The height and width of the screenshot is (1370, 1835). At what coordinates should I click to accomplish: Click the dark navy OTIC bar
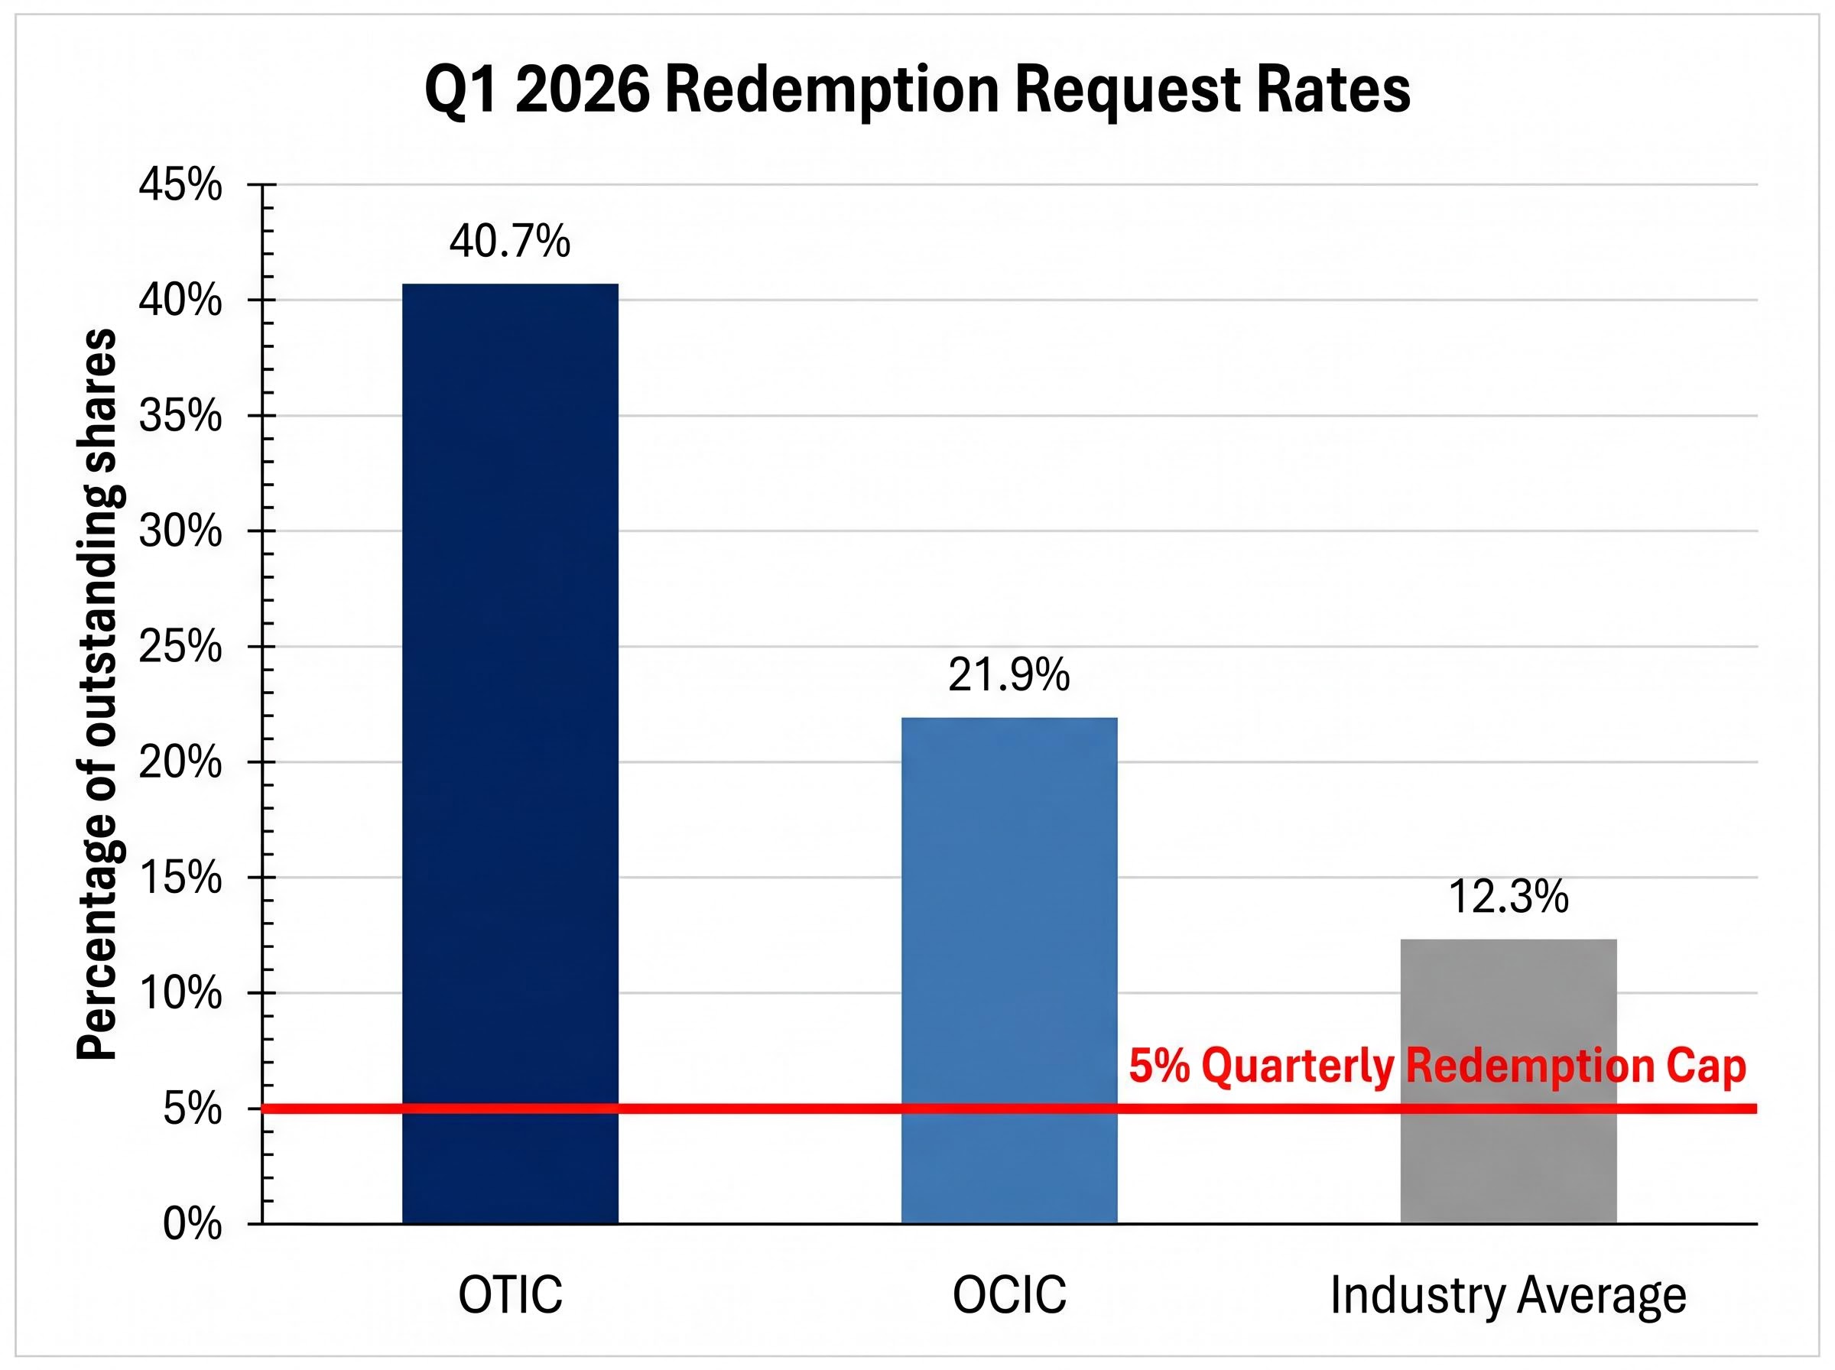click(x=510, y=746)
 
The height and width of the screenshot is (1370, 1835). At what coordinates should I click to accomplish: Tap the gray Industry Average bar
click(x=1509, y=1161)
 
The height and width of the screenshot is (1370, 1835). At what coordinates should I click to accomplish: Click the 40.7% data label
click(x=510, y=242)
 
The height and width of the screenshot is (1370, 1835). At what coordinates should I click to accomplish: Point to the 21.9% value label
click(x=1009, y=675)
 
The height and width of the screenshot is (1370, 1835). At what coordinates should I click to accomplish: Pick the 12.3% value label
click(x=1509, y=897)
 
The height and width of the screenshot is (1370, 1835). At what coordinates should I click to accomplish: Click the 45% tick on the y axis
click(x=180, y=184)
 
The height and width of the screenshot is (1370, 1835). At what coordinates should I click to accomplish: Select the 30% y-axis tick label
click(x=180, y=531)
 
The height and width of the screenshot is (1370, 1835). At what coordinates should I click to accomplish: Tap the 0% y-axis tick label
click(x=193, y=1224)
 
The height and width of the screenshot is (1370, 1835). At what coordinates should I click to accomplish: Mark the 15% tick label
click(x=180, y=878)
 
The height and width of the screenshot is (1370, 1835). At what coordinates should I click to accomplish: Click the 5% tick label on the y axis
click(x=193, y=1109)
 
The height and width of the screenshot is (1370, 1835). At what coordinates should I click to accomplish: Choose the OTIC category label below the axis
click(x=510, y=1295)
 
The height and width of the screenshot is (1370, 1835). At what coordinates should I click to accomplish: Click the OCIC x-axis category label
click(x=1009, y=1295)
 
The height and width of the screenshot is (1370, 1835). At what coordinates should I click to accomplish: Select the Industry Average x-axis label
click(x=1509, y=1295)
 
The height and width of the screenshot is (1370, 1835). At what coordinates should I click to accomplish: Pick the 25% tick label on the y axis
click(x=180, y=646)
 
